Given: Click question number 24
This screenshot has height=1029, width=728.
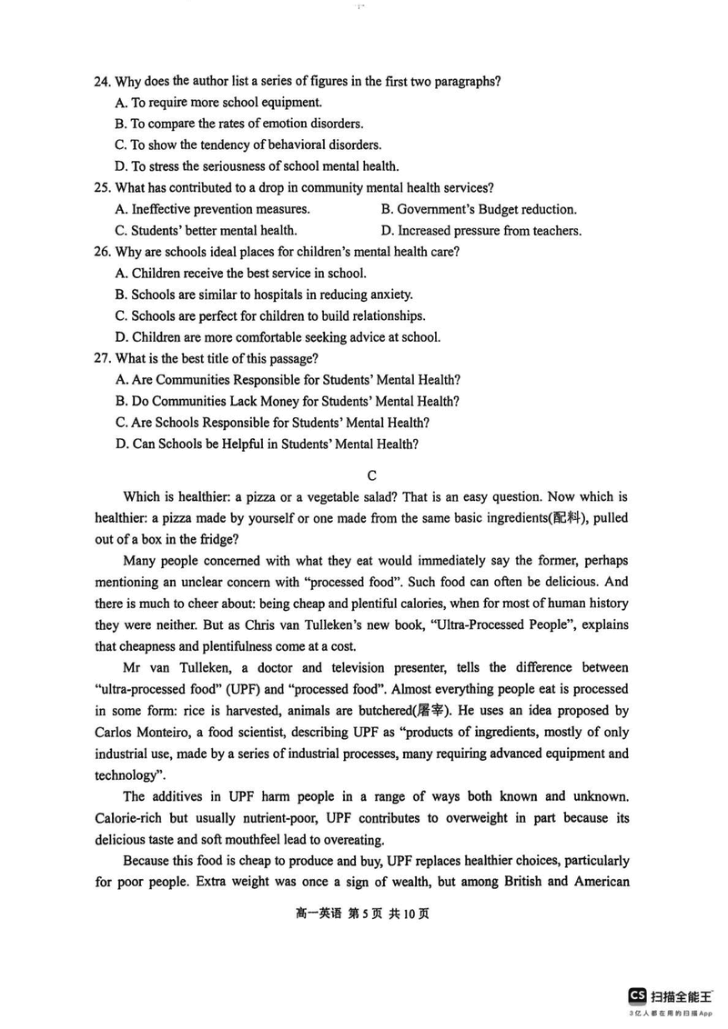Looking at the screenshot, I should pyautogui.click(x=102, y=82).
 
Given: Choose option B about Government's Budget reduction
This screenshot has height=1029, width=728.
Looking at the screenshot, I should pyautogui.click(x=479, y=209).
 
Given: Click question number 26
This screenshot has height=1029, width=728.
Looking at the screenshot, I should pyautogui.click(x=102, y=252).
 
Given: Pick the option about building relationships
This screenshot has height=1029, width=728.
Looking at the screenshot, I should pyautogui.click(x=270, y=315).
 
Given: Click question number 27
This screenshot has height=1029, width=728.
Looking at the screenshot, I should pyautogui.click(x=102, y=358).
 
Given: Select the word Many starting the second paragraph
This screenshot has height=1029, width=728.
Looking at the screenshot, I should pyautogui.click(x=139, y=561).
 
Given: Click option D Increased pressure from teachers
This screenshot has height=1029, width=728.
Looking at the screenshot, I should pyautogui.click(x=480, y=231).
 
